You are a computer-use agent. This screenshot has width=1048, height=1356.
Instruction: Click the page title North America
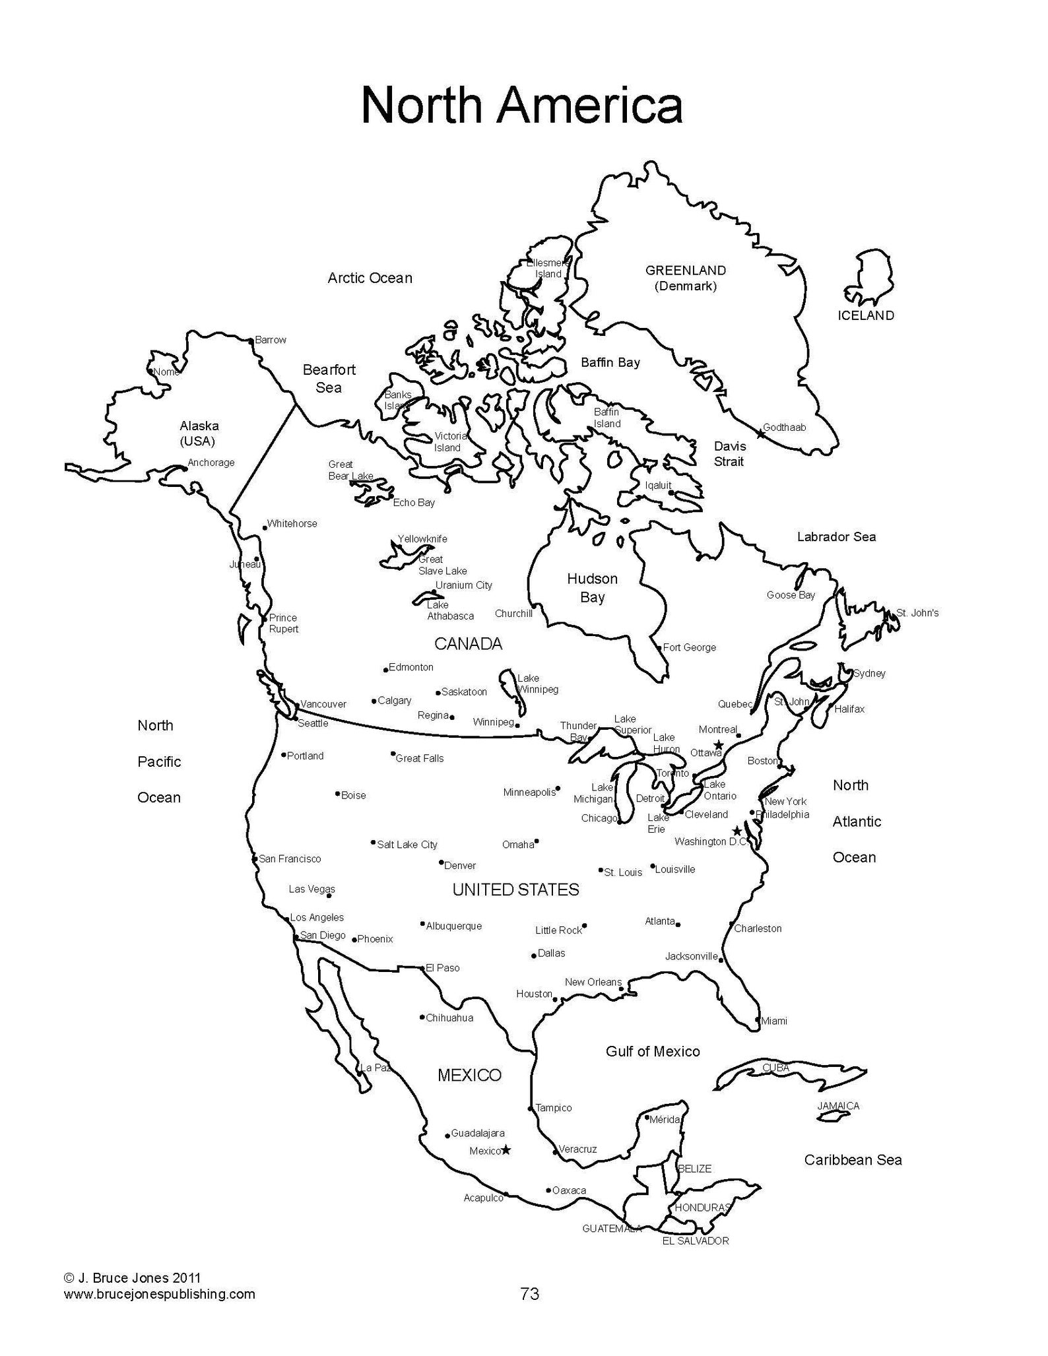coord(521,106)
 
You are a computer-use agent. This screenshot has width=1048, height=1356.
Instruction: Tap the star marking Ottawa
coord(719,745)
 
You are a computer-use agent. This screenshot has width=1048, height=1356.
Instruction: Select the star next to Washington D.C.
coord(737,831)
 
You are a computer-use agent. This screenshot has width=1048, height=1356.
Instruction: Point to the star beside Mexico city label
coord(506,1149)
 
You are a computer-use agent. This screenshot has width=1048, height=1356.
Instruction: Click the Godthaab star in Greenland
coord(760,434)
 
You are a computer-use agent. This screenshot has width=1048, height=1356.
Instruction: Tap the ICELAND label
coord(866,315)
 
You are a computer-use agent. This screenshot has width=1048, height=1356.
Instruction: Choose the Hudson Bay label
coord(592,588)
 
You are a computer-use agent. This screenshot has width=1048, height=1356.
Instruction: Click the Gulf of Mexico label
coord(653,1051)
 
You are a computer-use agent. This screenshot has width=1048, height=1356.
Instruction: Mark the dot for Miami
coord(758,1019)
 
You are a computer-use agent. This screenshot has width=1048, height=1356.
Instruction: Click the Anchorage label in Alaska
coord(211,463)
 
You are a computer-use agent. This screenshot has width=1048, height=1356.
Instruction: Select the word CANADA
coord(468,643)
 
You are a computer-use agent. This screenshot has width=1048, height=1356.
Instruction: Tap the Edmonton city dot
coord(386,670)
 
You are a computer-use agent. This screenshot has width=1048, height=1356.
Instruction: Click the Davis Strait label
coord(729,454)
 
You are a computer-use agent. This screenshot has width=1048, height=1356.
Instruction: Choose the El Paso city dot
coord(423,968)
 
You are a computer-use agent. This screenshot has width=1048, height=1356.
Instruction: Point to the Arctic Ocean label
coord(370,278)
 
